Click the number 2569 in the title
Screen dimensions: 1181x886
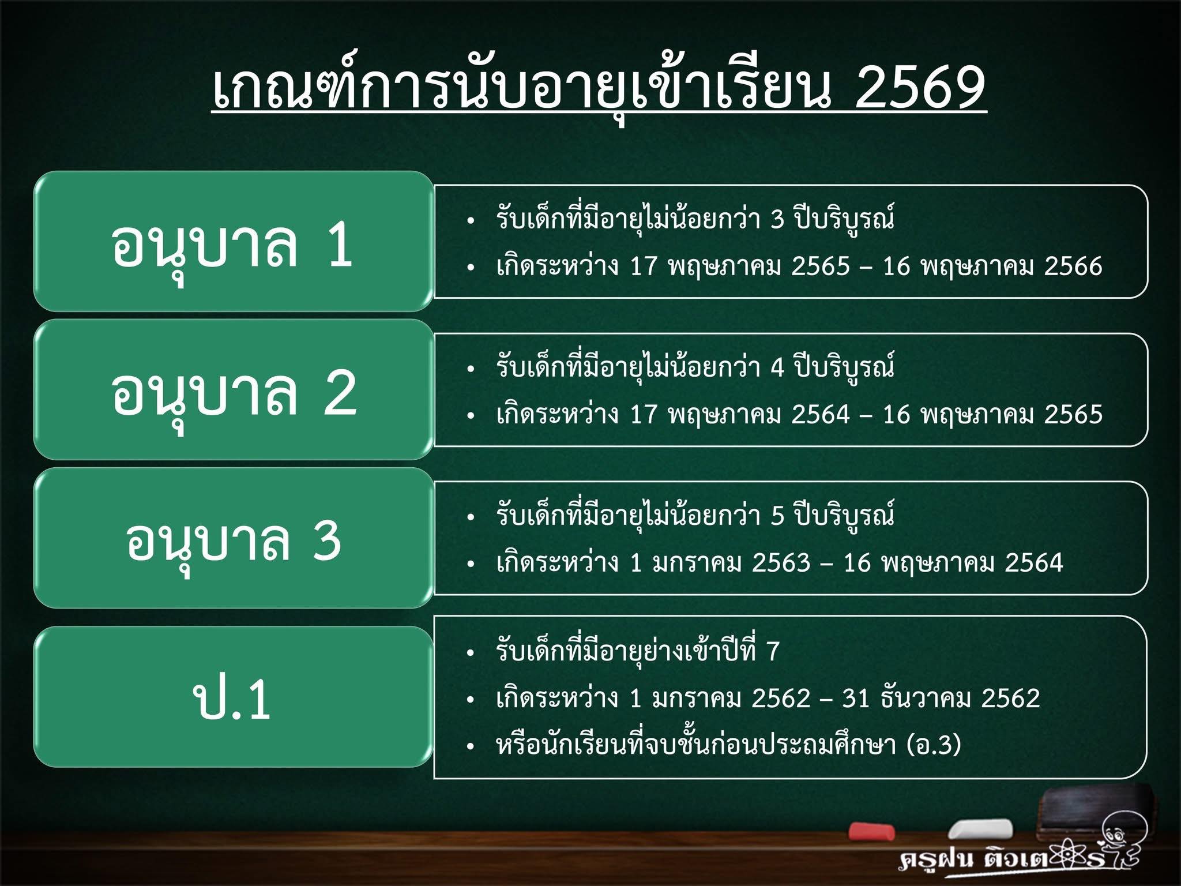coord(921,87)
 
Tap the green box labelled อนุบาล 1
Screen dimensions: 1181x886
coord(234,241)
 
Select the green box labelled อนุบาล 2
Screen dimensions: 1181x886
coord(234,389)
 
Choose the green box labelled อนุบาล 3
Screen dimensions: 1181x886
coord(234,538)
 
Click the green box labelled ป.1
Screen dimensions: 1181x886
coord(234,697)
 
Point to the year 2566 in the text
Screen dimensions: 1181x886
coord(1073,266)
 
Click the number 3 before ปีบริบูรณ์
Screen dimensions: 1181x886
coord(777,219)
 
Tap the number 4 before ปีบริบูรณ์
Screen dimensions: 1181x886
coord(777,367)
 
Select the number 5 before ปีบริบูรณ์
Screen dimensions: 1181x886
coord(777,516)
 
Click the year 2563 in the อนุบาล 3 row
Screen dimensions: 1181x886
coord(781,562)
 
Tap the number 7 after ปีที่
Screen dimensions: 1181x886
coord(773,651)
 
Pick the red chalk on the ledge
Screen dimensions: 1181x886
coord(871,831)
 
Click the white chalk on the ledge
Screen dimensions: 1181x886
coord(980,829)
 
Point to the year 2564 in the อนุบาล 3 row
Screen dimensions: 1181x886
coord(1034,562)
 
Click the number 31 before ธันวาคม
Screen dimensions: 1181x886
coord(856,698)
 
